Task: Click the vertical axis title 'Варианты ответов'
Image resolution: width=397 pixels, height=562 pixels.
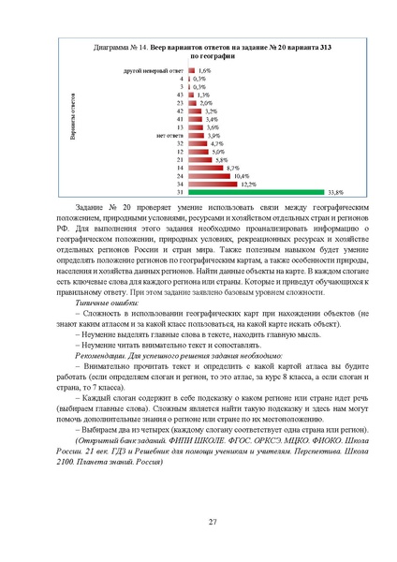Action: [73, 118]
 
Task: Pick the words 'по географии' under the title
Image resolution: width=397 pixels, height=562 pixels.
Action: [199, 55]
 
